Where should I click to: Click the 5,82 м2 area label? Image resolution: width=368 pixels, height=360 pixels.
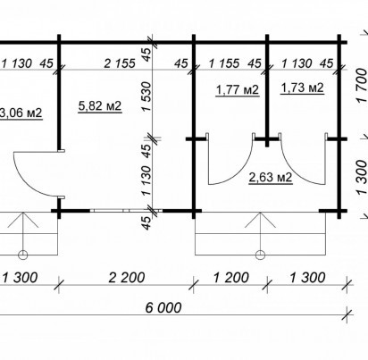[x=100, y=105]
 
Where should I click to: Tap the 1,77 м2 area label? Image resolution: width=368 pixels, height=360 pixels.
[x=238, y=89]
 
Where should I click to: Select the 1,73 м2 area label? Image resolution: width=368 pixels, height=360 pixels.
[x=302, y=88]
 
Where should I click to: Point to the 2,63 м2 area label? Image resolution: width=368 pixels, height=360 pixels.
[x=271, y=178]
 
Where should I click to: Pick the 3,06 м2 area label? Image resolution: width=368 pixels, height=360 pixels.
[x=21, y=113]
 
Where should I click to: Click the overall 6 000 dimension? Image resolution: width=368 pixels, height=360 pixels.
[x=163, y=307]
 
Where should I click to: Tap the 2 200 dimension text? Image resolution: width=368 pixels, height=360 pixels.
[x=127, y=278]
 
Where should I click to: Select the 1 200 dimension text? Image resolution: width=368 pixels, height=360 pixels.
[x=231, y=278]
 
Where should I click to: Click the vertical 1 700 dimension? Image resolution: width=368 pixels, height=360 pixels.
[x=362, y=86]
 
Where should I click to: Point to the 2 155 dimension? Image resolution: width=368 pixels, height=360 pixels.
[x=120, y=63]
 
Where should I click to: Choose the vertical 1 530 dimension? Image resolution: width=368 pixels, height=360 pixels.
[x=146, y=97]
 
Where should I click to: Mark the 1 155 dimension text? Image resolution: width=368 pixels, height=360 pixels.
[x=224, y=63]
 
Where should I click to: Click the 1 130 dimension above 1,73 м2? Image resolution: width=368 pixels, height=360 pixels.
[x=297, y=63]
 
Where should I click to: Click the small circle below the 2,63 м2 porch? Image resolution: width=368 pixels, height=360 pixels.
[x=260, y=255]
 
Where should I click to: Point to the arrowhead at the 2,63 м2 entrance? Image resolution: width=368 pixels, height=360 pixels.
[x=260, y=220]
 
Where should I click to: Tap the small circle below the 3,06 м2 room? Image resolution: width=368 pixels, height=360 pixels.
[x=23, y=255]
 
